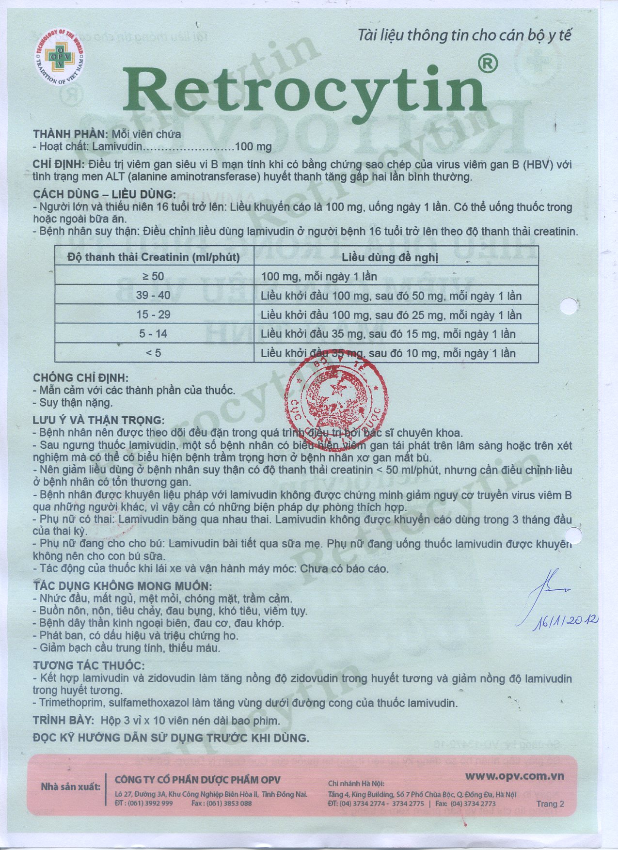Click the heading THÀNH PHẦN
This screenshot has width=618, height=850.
pyautogui.click(x=70, y=134)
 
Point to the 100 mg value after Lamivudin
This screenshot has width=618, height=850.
pyautogui.click(x=253, y=147)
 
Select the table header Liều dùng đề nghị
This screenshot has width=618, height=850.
pyautogui.click(x=390, y=257)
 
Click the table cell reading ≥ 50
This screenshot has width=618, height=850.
pyautogui.click(x=153, y=277)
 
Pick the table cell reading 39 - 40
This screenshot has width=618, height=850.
pyautogui.click(x=153, y=296)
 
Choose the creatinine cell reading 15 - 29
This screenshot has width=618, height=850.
pyautogui.click(x=153, y=315)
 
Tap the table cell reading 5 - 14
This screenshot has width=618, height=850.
pyautogui.click(x=153, y=334)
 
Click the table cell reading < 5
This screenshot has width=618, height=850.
pyautogui.click(x=153, y=353)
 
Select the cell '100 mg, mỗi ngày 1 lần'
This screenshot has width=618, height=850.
pyautogui.click(x=319, y=277)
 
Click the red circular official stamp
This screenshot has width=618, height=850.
pyautogui.click(x=336, y=393)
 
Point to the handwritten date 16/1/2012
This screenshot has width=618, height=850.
pyautogui.click(x=565, y=623)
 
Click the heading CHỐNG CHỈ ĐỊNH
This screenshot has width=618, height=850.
pyautogui.click(x=81, y=378)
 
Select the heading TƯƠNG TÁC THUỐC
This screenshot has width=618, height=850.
pyautogui.click(x=89, y=666)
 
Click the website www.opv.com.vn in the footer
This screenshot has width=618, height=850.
pyautogui.click(x=514, y=776)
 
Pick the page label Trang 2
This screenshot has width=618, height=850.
pyautogui.click(x=550, y=804)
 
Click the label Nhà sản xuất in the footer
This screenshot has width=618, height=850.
pyautogui.click(x=70, y=787)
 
